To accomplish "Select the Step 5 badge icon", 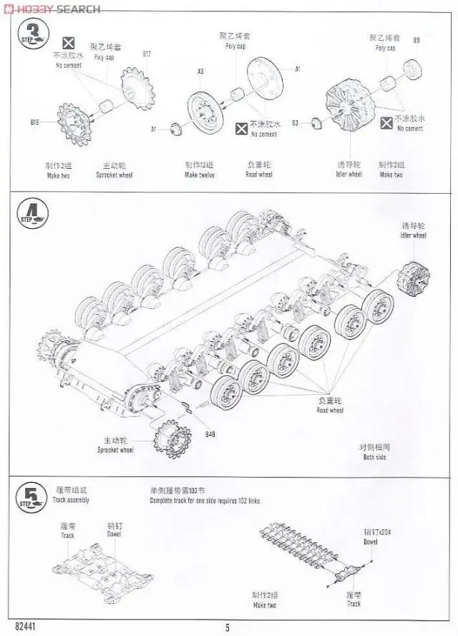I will click(31, 494).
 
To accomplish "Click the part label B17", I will click(147, 54).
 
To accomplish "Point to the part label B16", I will click(35, 122).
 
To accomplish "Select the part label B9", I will click(416, 39).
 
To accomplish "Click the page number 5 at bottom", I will click(228, 628).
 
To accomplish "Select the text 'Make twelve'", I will click(200, 175).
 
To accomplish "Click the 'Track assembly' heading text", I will click(71, 500).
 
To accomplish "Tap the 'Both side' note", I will click(374, 456).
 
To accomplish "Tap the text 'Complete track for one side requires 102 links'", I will click(205, 501).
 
